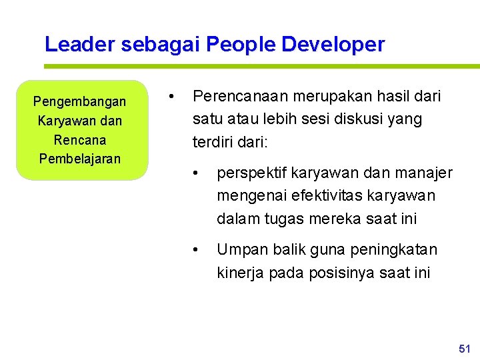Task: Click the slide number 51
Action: click(465, 349)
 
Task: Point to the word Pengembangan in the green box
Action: click(79, 102)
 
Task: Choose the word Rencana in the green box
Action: click(79, 140)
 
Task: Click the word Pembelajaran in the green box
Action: click(79, 159)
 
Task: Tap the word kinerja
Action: click(239, 273)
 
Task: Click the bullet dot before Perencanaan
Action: click(172, 97)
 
